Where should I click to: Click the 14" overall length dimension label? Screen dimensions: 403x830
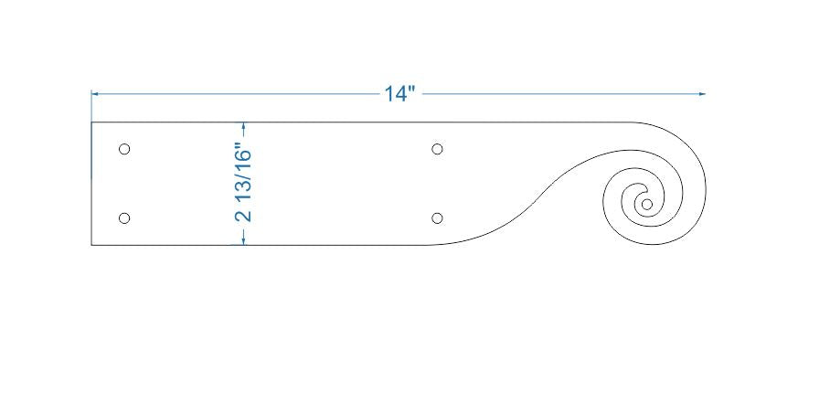(x=399, y=94)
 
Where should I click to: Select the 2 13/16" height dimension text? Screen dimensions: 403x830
(x=243, y=183)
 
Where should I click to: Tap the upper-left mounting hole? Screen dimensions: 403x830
(x=124, y=149)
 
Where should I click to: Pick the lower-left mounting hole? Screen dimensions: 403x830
(x=124, y=217)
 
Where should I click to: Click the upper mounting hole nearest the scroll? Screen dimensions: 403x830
(x=437, y=149)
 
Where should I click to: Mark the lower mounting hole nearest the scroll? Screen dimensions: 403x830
(x=437, y=217)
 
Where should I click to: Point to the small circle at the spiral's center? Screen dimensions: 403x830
(x=646, y=204)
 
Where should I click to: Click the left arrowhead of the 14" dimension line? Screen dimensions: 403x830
(x=95, y=93)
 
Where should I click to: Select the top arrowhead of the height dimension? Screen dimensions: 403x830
(x=243, y=126)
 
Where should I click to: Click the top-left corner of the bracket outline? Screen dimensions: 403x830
(x=91, y=122)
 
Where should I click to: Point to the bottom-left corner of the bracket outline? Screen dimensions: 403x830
(x=91, y=245)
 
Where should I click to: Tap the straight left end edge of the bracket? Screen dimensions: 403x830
(x=91, y=183)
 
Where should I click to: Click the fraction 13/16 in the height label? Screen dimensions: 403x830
(x=243, y=173)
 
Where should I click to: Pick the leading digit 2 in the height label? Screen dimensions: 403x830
(x=243, y=216)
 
